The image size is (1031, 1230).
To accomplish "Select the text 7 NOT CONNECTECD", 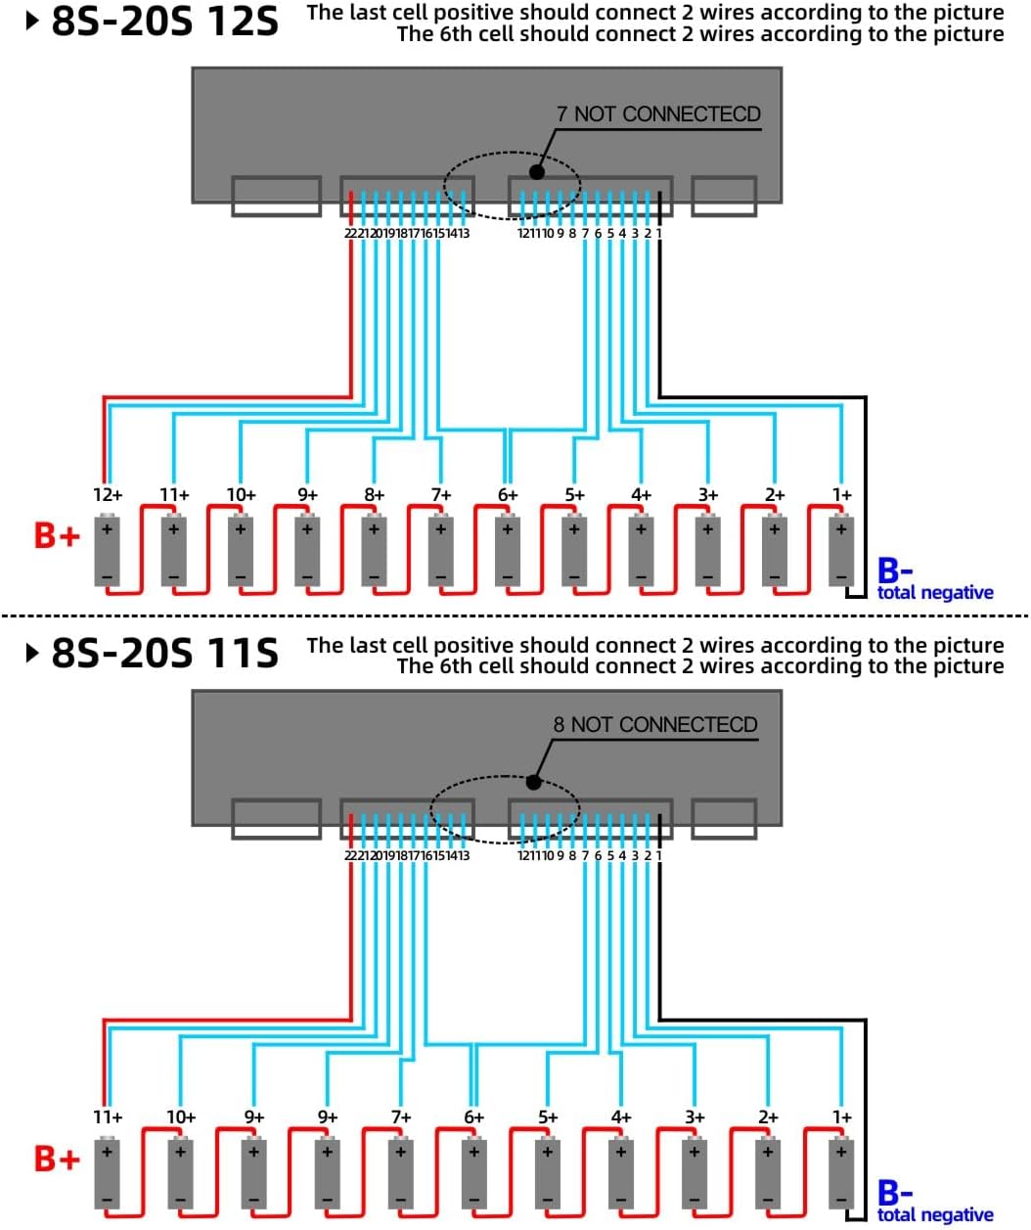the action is [659, 114].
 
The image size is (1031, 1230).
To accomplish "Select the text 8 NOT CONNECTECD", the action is [655, 724].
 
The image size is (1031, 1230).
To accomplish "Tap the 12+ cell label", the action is [108, 494].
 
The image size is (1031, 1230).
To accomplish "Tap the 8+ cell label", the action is [374, 494].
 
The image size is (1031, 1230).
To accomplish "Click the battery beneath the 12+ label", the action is [108, 550].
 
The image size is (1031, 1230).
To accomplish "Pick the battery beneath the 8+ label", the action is [374, 550].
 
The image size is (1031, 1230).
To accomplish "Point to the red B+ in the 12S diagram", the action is [57, 535].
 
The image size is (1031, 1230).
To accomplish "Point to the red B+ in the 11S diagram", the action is [57, 1159].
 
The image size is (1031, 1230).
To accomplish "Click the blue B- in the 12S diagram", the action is [895, 569].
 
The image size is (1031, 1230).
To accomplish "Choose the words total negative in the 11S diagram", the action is [935, 1214].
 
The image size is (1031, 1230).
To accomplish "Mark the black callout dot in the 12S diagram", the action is [536, 172].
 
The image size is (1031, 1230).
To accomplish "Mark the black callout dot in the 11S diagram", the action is [533, 782].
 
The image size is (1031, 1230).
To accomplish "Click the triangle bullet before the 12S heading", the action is [33, 22].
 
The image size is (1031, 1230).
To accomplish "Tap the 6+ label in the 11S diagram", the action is [474, 1116].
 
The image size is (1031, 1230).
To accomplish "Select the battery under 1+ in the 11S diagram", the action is [841, 1172].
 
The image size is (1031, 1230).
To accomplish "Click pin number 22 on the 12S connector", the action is [350, 233].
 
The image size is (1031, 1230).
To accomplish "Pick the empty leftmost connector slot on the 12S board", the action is [276, 196].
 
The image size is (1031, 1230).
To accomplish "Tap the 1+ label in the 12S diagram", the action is [842, 494].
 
